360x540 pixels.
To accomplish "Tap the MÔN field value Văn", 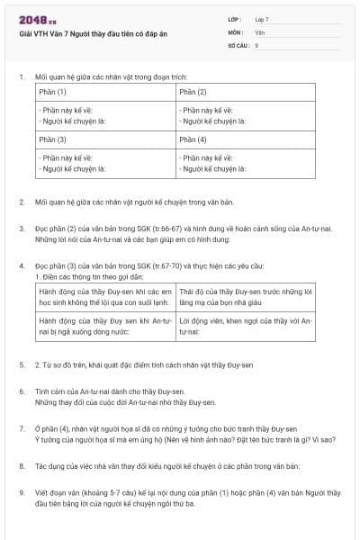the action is click(260, 31).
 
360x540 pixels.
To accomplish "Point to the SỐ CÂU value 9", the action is click(257, 44).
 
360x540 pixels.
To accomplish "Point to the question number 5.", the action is click(22, 365).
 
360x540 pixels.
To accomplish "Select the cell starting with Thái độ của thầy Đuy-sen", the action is click(245, 298).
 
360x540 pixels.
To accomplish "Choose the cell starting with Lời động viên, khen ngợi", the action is click(245, 326).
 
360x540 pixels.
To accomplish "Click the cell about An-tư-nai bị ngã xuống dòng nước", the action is click(104, 326).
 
